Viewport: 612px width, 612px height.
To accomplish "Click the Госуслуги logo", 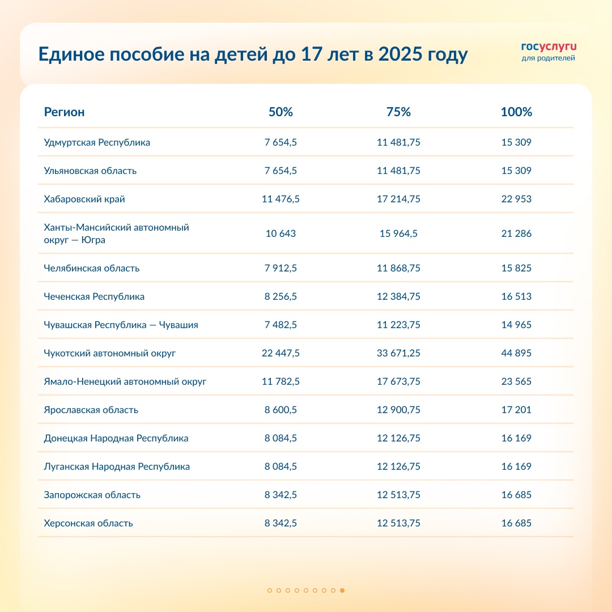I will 548,51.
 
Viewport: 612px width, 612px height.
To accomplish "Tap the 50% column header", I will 280,112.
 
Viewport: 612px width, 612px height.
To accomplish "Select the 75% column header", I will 398,112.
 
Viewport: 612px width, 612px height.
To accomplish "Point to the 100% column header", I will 516,112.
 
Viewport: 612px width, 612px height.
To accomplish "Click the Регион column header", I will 64,112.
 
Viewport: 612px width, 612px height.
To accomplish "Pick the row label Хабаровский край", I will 84,199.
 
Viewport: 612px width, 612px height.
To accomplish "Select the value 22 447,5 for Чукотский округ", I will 280,353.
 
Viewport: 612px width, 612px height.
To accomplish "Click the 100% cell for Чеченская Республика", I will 516,296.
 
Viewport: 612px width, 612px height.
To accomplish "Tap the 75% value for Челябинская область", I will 398,268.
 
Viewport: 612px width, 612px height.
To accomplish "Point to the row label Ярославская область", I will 91,410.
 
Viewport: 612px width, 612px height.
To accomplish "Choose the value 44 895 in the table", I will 516,353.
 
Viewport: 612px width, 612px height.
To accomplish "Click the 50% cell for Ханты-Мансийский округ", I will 280,233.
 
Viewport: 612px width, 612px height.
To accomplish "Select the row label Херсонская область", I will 88,523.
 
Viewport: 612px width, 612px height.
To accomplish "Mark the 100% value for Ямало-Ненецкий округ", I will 516,381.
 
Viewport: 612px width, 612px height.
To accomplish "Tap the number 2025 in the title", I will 398,55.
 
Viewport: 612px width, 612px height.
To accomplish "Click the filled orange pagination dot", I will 342,590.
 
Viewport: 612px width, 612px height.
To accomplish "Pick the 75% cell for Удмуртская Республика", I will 398,142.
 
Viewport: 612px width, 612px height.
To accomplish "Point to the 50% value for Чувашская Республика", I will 280,325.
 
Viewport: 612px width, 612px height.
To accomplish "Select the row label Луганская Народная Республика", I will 117,466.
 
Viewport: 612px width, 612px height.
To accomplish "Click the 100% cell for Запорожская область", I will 516,495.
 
